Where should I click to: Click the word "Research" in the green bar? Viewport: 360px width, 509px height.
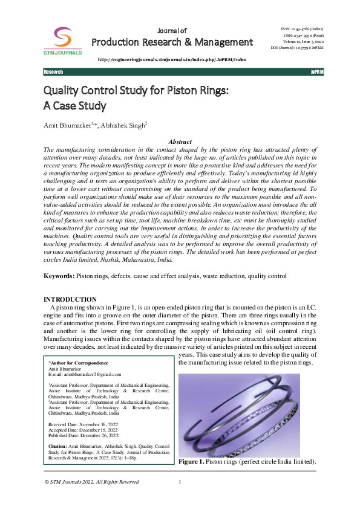[53, 72]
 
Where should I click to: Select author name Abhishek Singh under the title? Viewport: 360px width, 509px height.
[124, 125]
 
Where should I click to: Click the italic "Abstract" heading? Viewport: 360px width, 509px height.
[180, 141]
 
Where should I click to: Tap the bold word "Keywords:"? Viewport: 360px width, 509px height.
[59, 276]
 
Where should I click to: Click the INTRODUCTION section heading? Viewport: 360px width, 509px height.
[70, 299]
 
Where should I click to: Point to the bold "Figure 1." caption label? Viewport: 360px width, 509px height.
[191, 461]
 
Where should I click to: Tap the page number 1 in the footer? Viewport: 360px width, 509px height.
[180, 482]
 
